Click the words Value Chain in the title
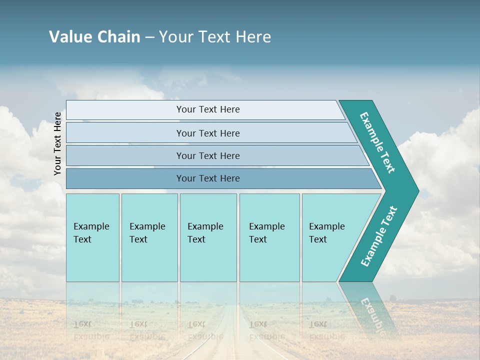coord(94,37)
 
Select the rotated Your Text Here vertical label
coord(57,144)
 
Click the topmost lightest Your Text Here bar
coord(207,109)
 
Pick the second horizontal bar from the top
coord(207,133)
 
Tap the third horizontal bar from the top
coord(207,155)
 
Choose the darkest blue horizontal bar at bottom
coord(207,178)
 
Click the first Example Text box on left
coord(92,237)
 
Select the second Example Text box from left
coord(149,237)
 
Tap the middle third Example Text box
coord(208,237)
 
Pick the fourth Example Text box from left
coord(269,237)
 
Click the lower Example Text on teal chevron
coord(378,236)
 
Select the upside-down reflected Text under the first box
coord(82,324)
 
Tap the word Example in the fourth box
coord(267,226)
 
